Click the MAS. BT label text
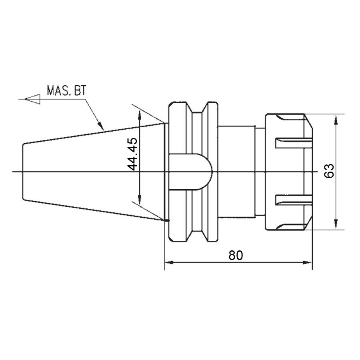click(x=66, y=90)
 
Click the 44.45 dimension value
click(x=132, y=154)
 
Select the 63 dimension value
click(x=329, y=171)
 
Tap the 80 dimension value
click(x=236, y=255)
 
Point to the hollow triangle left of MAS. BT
click(x=33, y=99)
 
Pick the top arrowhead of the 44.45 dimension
click(x=140, y=115)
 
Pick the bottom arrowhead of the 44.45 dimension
click(x=140, y=199)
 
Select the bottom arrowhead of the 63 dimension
click(x=336, y=224)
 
